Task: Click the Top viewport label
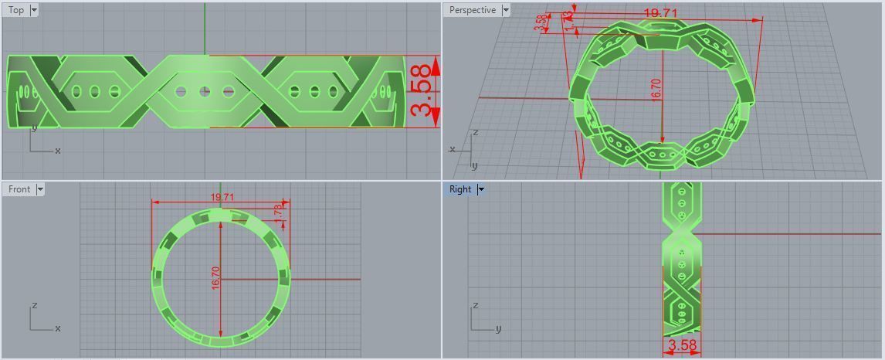tap(15, 10)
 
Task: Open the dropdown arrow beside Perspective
tap(506, 10)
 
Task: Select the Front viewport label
tap(19, 189)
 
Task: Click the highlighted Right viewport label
tap(460, 189)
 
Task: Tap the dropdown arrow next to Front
tap(40, 189)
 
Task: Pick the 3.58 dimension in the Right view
tap(682, 345)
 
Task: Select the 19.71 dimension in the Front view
tap(222, 198)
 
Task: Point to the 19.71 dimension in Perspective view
tap(660, 13)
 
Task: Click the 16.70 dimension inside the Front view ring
tap(216, 278)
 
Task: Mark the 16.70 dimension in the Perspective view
tap(656, 90)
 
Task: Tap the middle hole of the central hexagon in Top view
tap(205, 91)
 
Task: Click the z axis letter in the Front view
tap(35, 307)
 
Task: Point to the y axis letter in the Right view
tap(499, 328)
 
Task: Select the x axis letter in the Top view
tap(58, 151)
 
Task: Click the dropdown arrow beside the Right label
tap(481, 189)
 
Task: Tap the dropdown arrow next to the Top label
tap(34, 10)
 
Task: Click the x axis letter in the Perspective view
tap(453, 149)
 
